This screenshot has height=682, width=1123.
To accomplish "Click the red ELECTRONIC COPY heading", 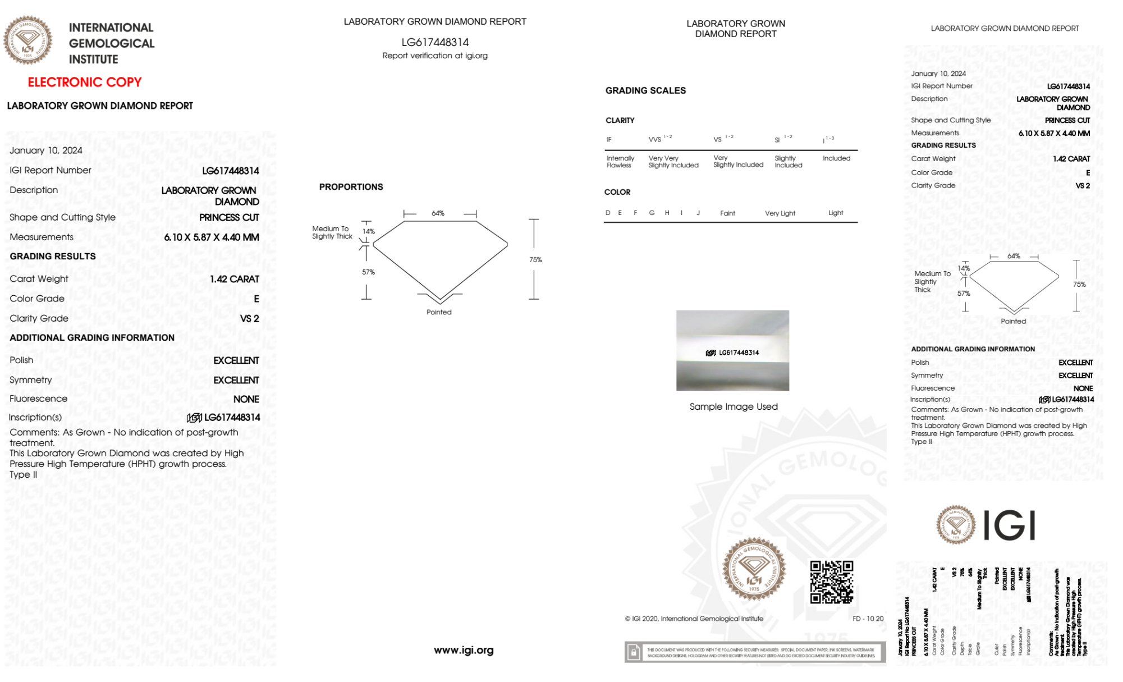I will coord(85,82).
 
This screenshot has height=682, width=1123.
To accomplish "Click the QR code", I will coord(831,582).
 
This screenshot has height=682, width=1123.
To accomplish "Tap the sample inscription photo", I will coord(732,350).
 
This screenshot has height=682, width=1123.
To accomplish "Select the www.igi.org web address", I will coord(464,650).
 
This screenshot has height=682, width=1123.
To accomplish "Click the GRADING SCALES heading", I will coord(645,90).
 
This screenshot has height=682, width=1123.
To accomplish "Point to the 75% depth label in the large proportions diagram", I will coord(535,260).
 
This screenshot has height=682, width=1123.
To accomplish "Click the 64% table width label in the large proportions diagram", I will coord(438,213).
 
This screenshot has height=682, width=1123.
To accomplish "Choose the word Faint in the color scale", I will coord(727,213).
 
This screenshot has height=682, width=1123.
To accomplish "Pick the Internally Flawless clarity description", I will coord(620,162).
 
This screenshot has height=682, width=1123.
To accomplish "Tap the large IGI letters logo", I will coord(1010,525).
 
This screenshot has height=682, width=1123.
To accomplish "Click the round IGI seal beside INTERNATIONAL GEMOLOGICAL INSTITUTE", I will coord(27,40).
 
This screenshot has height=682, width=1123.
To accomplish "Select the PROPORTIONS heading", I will coord(351,187).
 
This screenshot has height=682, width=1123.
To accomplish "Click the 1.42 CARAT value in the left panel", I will coord(235,279).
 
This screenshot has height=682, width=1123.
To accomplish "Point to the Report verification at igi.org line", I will coord(435,56).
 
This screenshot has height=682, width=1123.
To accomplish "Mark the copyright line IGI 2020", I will coord(694,619).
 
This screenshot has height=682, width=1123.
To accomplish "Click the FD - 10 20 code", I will coord(868,619).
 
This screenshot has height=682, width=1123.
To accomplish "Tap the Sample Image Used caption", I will coord(734,406).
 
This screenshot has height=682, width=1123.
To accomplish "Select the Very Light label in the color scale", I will coord(780,213).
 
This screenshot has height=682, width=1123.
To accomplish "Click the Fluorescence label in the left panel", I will coord(38,399).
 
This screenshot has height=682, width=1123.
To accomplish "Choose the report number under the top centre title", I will coord(435,42).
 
